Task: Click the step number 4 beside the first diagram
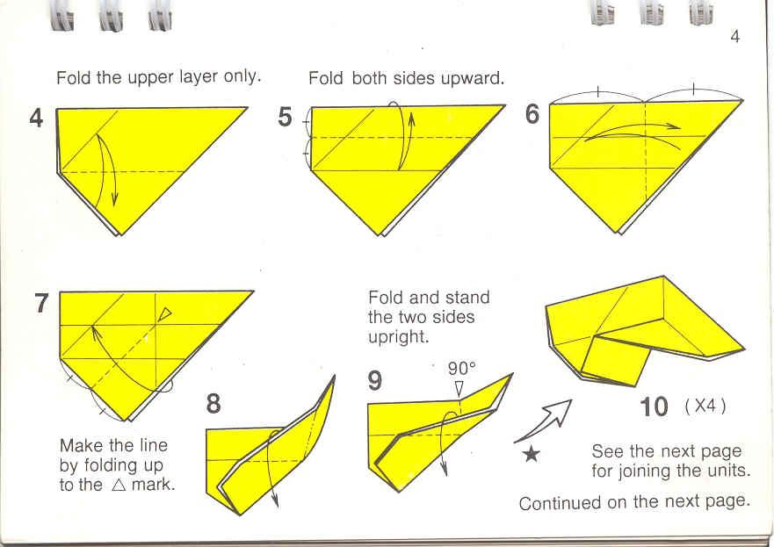tap(37, 119)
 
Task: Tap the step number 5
tap(285, 118)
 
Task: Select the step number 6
tap(532, 114)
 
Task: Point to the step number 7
tap(42, 303)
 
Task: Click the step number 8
tap(213, 403)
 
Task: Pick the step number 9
tap(375, 381)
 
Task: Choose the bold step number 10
tap(654, 407)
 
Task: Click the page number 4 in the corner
tap(735, 37)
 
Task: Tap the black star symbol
tap(532, 453)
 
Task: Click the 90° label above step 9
tap(462, 369)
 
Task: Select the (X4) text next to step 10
tap(705, 406)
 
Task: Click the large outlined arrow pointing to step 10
tap(543, 421)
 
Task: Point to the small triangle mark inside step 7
tap(165, 313)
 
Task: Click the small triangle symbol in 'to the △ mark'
tap(119, 485)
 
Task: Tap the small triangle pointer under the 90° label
tap(459, 388)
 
